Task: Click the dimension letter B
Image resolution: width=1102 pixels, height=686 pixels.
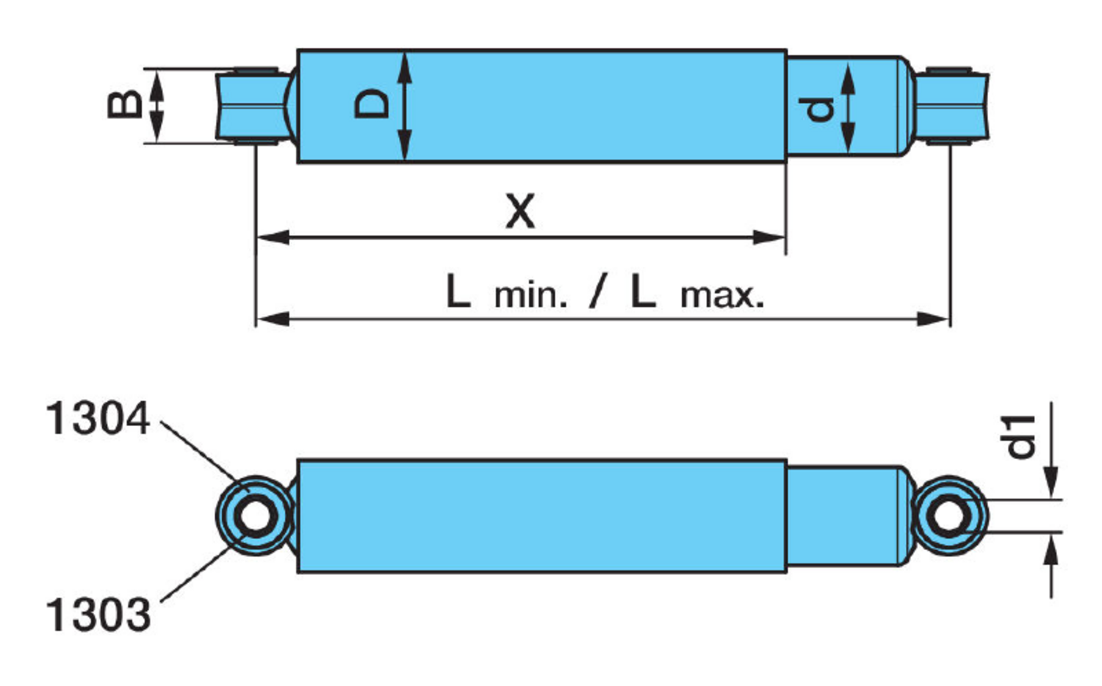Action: tap(125, 104)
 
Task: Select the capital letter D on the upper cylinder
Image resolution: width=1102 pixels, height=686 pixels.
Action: tap(372, 104)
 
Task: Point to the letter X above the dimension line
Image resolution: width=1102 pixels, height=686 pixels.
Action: tap(520, 211)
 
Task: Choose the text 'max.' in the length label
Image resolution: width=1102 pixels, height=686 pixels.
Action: tap(722, 295)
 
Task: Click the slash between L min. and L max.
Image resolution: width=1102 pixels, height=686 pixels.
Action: tap(599, 292)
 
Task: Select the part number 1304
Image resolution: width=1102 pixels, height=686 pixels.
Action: tap(98, 419)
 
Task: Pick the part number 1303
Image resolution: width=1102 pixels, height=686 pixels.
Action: tap(98, 614)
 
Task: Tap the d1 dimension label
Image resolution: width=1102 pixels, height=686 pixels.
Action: tap(1020, 436)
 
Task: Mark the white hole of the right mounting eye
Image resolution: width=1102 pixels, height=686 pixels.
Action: tap(948, 516)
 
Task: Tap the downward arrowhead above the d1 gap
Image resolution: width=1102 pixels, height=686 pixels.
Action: tap(1052, 485)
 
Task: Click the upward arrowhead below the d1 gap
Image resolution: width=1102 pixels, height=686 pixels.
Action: tap(1052, 548)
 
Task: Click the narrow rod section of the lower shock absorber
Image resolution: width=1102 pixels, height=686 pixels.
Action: tap(845, 516)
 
